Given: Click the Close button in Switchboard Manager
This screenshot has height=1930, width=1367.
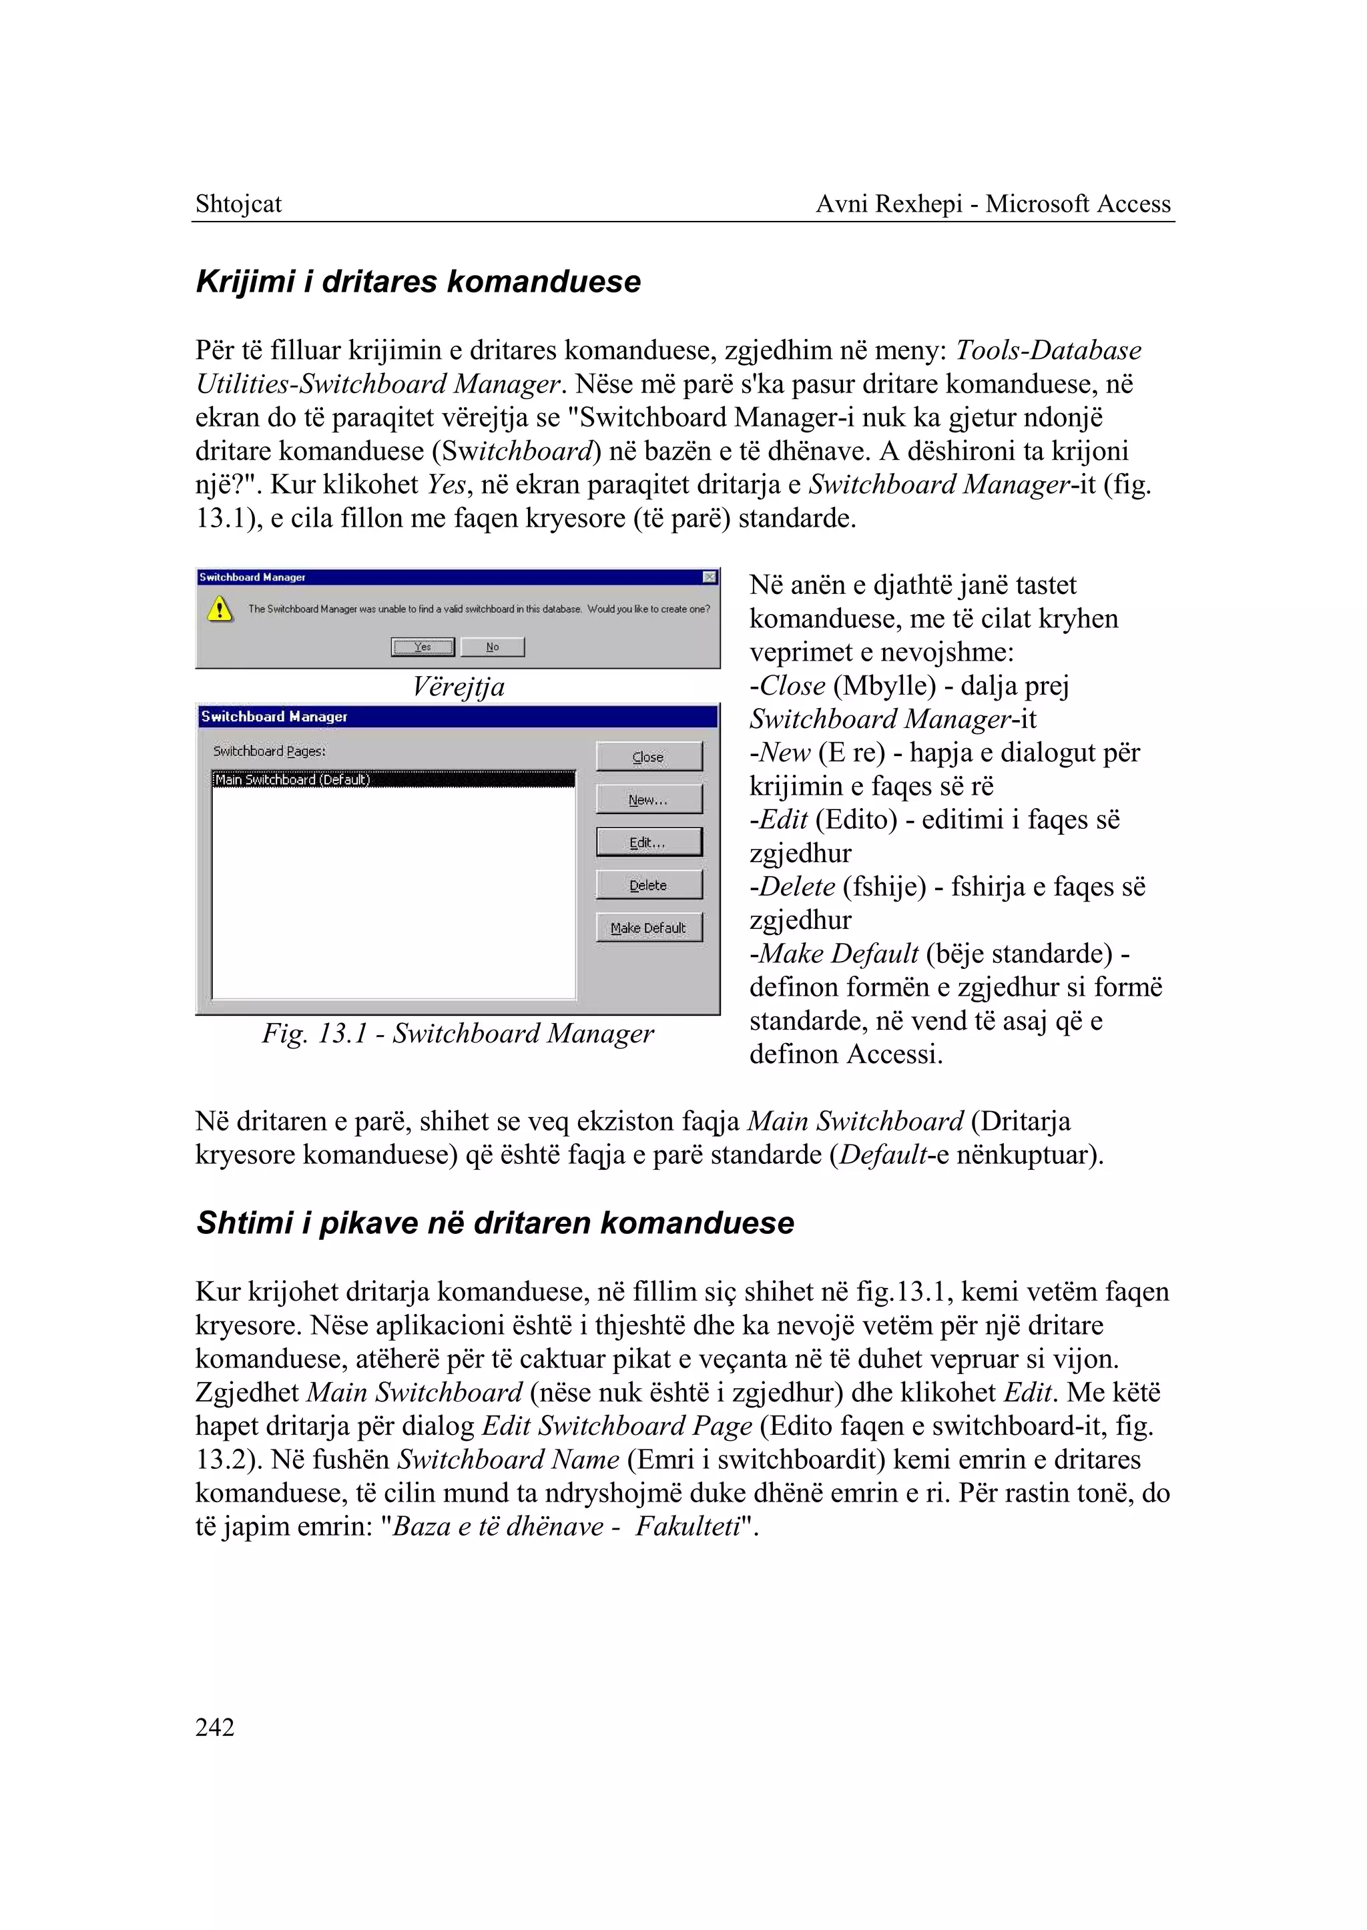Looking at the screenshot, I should [x=648, y=756].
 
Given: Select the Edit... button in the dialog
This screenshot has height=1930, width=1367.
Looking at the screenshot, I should [x=648, y=842].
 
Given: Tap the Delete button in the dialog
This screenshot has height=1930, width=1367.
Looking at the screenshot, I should [x=648, y=885].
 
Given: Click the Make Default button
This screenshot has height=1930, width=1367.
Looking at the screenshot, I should [x=648, y=928].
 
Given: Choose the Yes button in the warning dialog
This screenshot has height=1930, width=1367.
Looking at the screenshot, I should [x=423, y=647].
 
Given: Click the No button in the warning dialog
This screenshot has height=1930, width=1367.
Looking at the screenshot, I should [x=493, y=647].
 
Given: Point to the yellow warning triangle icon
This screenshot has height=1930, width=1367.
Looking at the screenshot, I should [x=220, y=609].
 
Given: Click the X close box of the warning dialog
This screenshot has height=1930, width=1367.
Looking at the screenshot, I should [x=709, y=577].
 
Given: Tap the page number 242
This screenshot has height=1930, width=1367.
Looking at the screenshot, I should [x=215, y=1727].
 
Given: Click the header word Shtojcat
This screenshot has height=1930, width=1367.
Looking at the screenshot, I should [x=238, y=204].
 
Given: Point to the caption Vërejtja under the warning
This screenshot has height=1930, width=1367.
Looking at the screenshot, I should [x=458, y=687].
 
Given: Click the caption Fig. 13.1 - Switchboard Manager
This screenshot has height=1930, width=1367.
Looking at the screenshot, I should [x=457, y=1034].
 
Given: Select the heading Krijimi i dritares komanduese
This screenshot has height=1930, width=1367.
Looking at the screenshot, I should [x=419, y=281].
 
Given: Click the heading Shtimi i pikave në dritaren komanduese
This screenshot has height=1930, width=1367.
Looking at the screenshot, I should [x=495, y=1222].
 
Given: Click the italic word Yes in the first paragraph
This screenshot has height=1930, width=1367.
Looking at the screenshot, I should [x=446, y=485].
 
